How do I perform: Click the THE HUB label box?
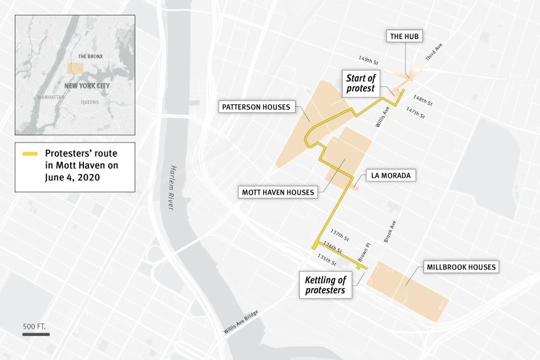pos(405,37)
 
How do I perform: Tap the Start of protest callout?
pos(361,83)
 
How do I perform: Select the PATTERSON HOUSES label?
pos(257,107)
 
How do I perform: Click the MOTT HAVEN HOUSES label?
pos(278,192)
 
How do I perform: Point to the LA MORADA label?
pos(390,175)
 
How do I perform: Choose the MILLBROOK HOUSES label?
pos(461,267)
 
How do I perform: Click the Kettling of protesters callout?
pos(325,285)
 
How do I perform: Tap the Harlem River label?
pos(170,188)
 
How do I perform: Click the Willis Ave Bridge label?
pos(241,323)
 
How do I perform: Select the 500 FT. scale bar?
pos(35,334)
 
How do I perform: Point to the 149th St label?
pos(369,59)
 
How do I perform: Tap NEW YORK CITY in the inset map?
pos(87,86)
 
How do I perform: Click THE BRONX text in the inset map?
pos(90,56)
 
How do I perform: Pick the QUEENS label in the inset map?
pos(90,103)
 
